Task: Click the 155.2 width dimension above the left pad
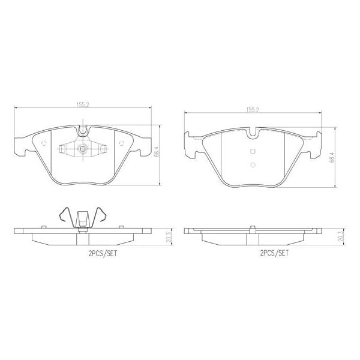coord(83,104)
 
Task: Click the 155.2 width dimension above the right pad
coord(253,110)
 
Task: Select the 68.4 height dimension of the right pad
coord(331,157)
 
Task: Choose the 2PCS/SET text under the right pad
coord(275,254)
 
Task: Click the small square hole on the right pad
coord(253,151)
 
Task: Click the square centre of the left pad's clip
coord(84,149)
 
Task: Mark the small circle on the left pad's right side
coord(121,143)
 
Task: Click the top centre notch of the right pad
coord(253,134)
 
